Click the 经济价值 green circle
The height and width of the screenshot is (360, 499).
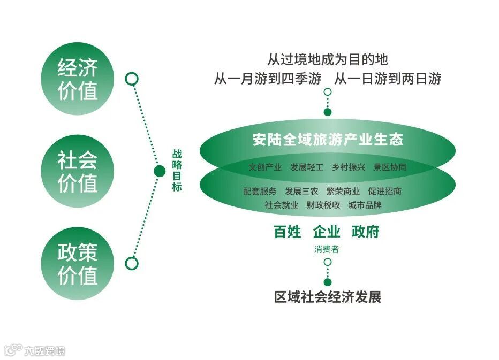(78, 80)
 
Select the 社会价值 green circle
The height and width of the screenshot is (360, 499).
(78, 171)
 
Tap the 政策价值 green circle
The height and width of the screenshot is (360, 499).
(78, 264)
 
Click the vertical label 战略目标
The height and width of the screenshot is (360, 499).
(177, 170)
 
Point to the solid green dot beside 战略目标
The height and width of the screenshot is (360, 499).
(159, 171)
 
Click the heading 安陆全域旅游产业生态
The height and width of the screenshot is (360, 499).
(327, 140)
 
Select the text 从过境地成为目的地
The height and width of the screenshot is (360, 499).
(327, 59)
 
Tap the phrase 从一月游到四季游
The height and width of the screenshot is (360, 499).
(267, 79)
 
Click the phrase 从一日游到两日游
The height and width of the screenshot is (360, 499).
(388, 79)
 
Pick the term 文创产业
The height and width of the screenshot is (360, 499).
(265, 167)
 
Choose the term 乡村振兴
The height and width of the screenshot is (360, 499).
(348, 167)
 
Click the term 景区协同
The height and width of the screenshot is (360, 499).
(390, 167)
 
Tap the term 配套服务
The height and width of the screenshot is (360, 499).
(260, 191)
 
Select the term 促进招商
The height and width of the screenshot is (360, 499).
(384, 191)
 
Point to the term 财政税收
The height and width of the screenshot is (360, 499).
(323, 204)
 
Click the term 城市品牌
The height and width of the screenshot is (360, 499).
(365, 204)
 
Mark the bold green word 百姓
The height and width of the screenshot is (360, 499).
(288, 232)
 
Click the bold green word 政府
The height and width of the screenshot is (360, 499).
(365, 232)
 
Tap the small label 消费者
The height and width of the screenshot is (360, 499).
(326, 249)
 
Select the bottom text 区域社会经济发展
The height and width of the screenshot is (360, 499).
(328, 297)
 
